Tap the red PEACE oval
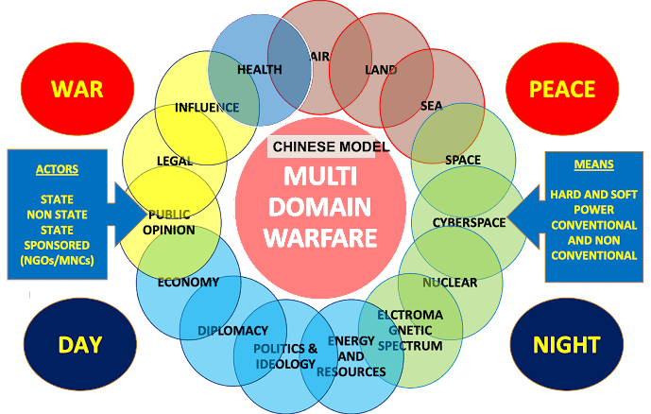click(x=562, y=89)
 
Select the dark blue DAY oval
click(x=79, y=344)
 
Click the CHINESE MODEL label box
click(x=321, y=147)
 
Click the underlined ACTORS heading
click(x=57, y=170)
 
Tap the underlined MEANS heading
click(x=593, y=164)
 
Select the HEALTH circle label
click(x=260, y=69)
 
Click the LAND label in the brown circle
click(x=381, y=70)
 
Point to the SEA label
click(x=431, y=106)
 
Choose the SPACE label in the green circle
click(x=462, y=159)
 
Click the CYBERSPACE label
click(x=469, y=222)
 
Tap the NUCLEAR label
click(x=450, y=282)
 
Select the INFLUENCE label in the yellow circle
click(x=207, y=107)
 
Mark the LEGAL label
click(x=175, y=161)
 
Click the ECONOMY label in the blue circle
click(x=188, y=282)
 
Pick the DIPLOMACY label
click(x=232, y=330)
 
